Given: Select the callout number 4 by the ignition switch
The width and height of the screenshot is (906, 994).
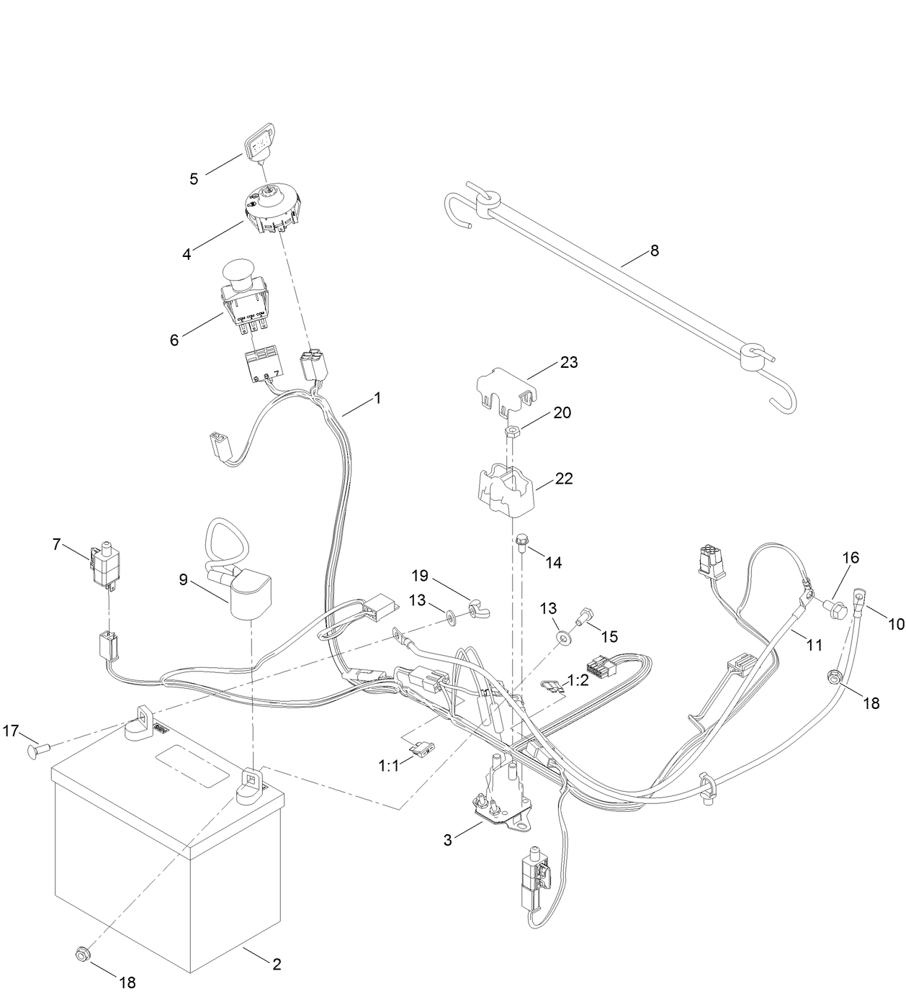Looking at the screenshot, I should (x=187, y=254).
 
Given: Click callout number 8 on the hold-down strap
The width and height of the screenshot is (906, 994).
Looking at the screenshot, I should (x=654, y=250).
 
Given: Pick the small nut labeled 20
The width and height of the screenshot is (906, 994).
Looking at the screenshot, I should (x=511, y=430).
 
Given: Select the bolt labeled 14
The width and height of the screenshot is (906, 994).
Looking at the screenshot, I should (x=521, y=541).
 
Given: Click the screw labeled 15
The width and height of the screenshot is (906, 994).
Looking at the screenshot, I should (x=583, y=615).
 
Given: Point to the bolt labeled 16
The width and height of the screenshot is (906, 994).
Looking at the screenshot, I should (x=835, y=607).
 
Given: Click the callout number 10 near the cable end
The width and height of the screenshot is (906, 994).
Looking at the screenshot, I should (x=895, y=624).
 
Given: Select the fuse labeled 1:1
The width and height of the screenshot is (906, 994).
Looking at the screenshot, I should (x=419, y=750).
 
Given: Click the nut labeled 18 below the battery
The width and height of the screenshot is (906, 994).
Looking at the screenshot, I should (x=81, y=955).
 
